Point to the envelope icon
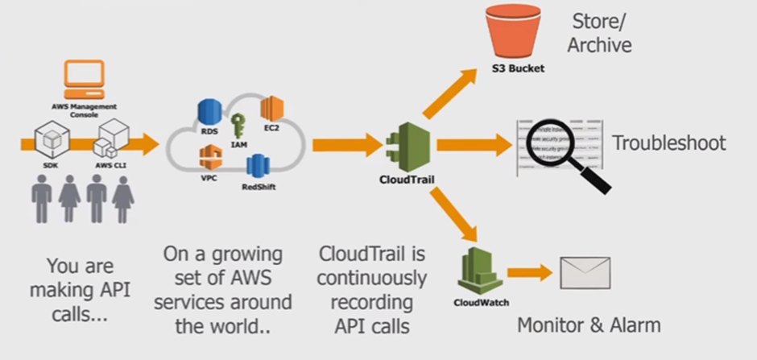(585, 274)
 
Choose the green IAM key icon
(238, 126)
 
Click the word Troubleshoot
(668, 143)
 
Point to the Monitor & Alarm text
(589, 325)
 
